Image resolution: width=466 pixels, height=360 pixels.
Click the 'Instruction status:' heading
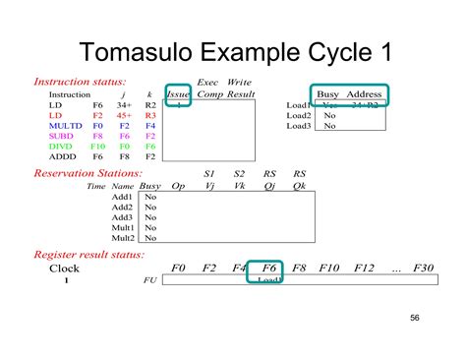80,82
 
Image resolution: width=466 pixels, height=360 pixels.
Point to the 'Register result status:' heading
94,253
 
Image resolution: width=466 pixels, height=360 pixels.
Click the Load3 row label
299,126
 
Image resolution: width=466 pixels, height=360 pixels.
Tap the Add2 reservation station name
122,208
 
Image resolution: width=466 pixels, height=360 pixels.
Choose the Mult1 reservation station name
122,227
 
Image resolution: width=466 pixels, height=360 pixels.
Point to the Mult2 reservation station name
122,237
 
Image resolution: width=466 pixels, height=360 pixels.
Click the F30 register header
424,268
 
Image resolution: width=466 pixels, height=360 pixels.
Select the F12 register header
365,268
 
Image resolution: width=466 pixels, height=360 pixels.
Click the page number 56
414,318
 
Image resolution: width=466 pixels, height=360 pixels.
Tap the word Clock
65,268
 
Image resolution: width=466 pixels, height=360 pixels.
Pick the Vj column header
208,185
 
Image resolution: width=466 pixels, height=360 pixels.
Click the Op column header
178,185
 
